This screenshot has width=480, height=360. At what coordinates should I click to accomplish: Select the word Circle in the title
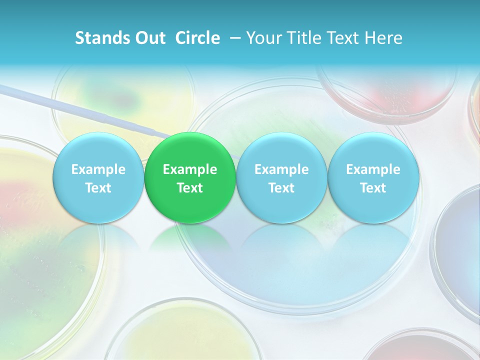pyautogui.click(x=197, y=38)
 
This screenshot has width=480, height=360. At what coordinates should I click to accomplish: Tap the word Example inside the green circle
pyautogui.click(x=190, y=169)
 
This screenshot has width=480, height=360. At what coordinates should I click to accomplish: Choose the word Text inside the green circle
pyautogui.click(x=190, y=188)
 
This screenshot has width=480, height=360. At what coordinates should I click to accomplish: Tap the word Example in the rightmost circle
pyautogui.click(x=373, y=169)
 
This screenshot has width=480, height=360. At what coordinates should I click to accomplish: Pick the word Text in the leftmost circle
pyautogui.click(x=98, y=188)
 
